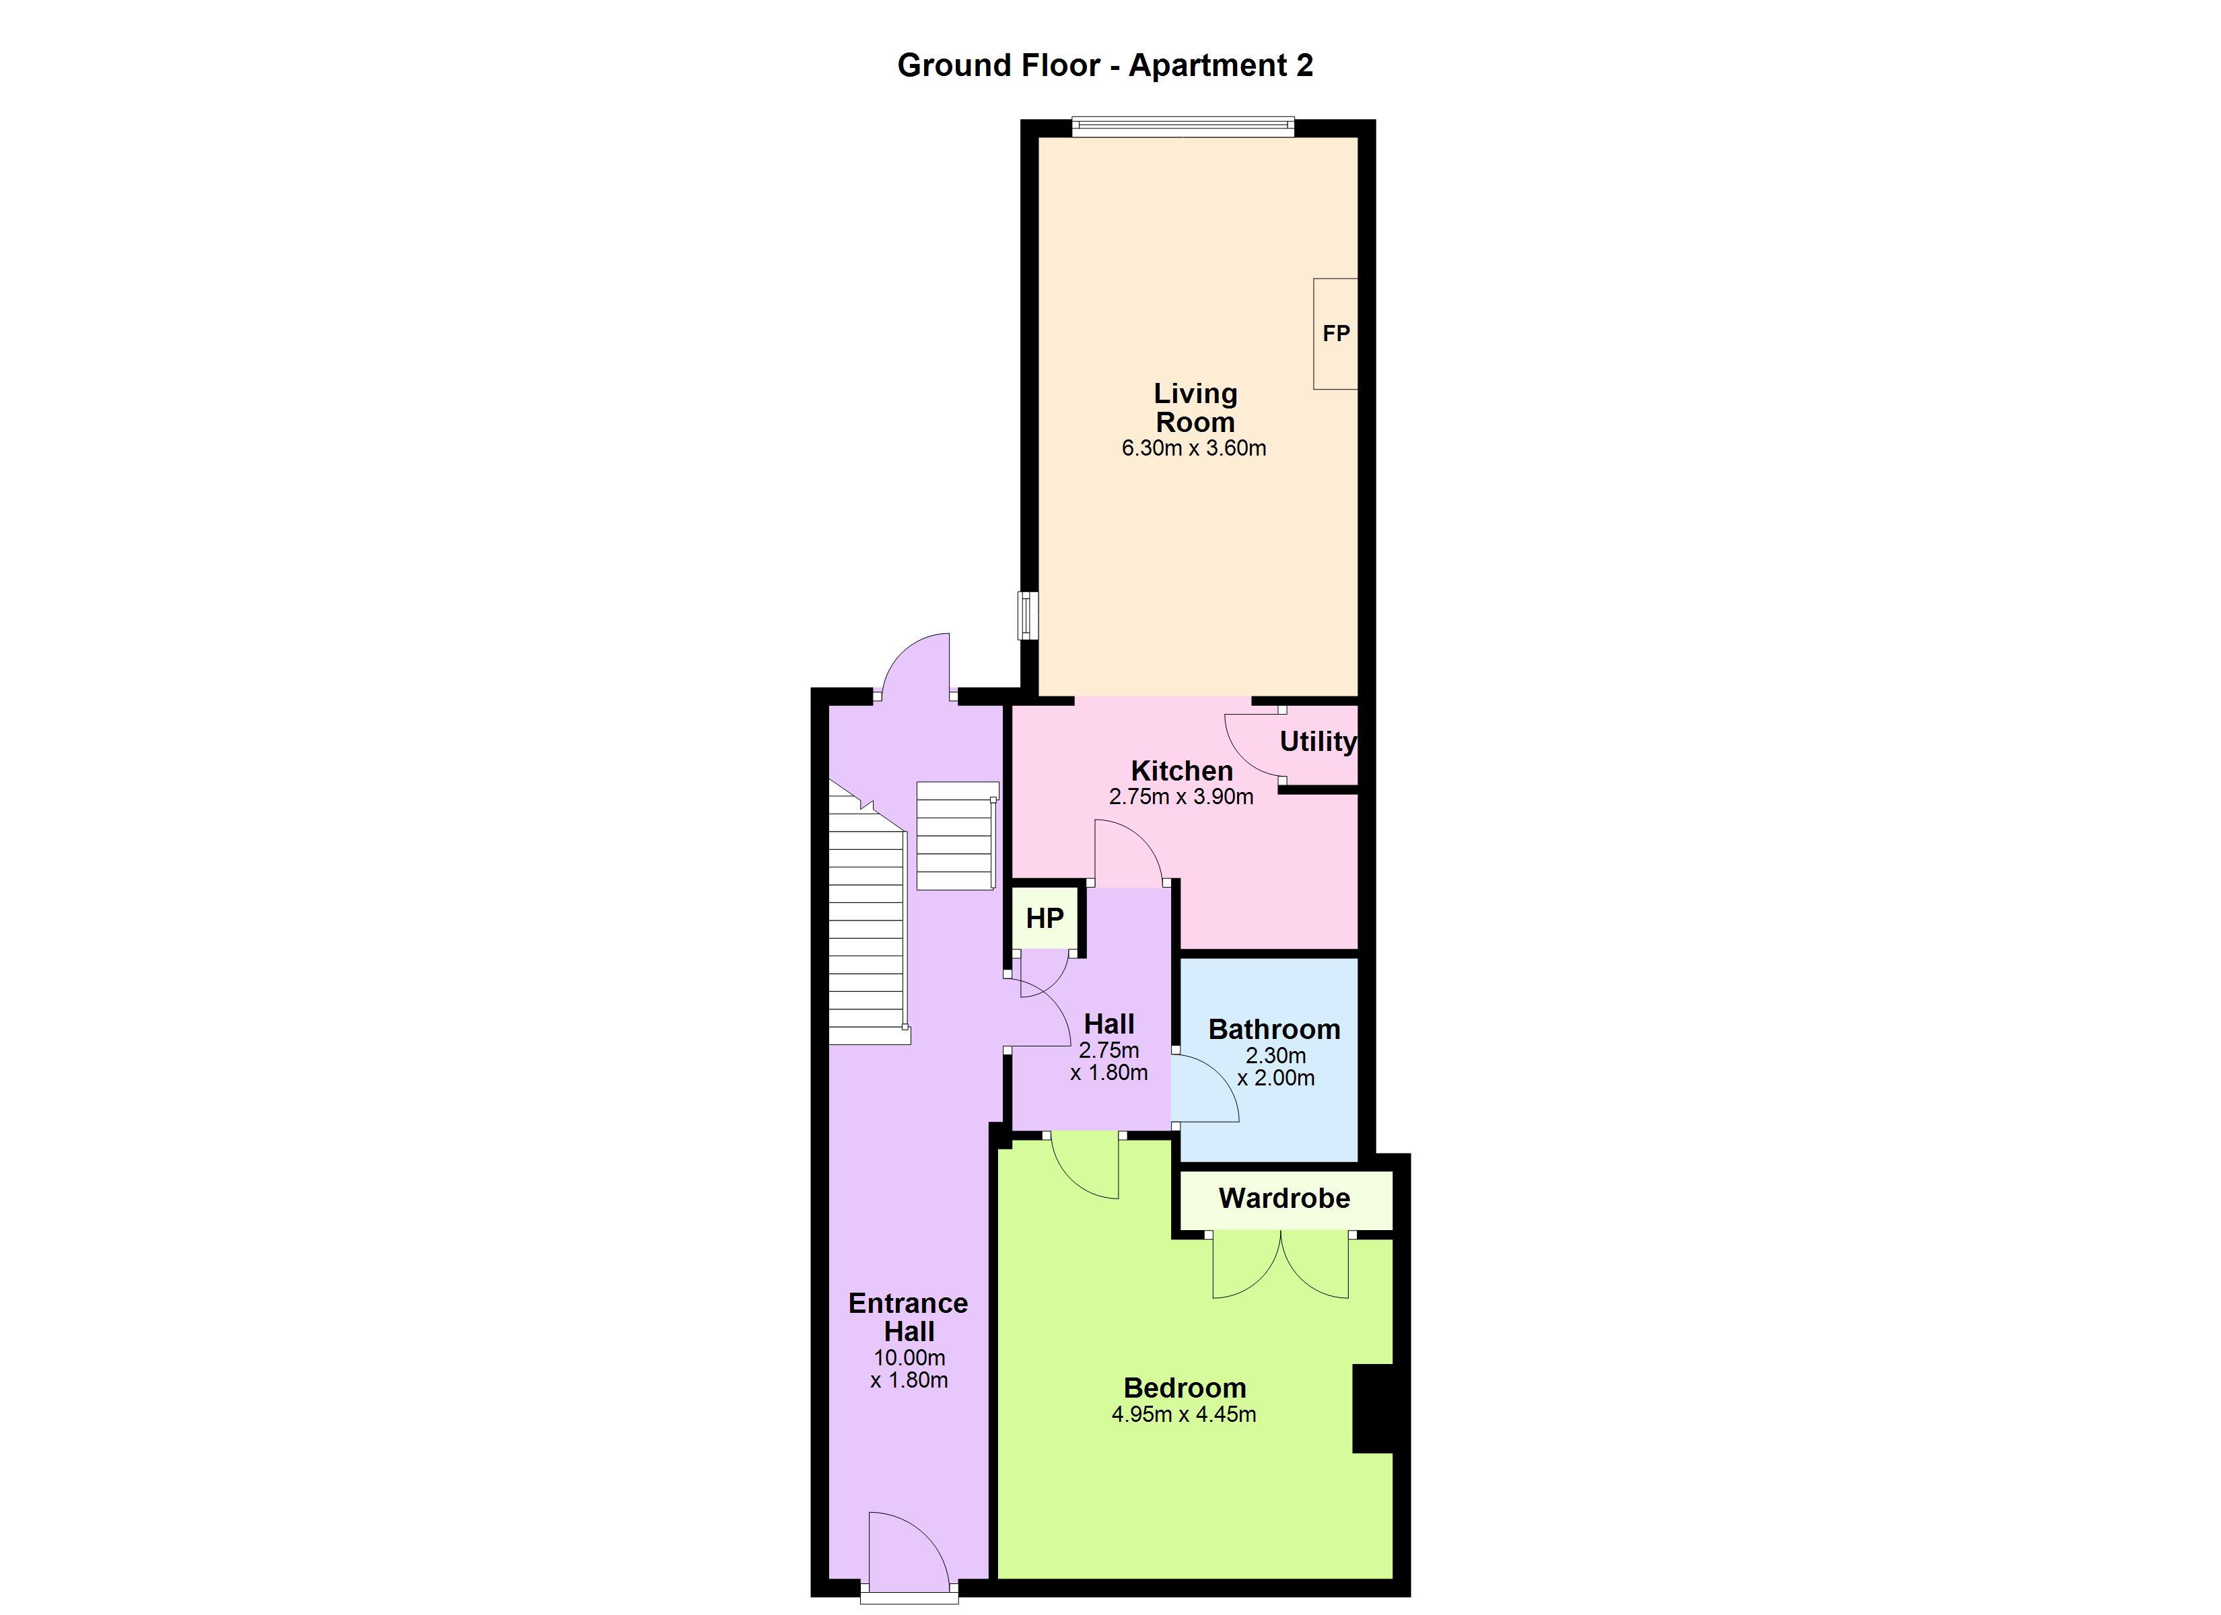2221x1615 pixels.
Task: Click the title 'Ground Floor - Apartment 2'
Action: [x=1104, y=66]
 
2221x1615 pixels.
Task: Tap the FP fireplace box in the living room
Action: [x=1336, y=334]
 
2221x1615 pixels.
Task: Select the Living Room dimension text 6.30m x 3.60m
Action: [x=1194, y=449]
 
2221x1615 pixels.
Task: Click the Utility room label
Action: [x=1318, y=742]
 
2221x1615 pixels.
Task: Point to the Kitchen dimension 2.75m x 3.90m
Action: [x=1181, y=797]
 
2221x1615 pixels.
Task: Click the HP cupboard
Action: [x=1045, y=918]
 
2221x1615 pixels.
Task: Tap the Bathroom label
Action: [x=1274, y=1030]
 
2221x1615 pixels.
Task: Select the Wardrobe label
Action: [x=1284, y=1198]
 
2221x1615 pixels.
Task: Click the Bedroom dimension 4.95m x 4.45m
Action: [x=1184, y=1414]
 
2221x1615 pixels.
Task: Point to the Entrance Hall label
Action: [x=909, y=1318]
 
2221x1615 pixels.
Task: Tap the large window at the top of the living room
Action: [x=1183, y=127]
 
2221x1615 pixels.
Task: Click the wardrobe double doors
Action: [x=1281, y=1267]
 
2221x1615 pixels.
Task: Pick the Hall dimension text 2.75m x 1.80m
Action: [x=1108, y=1062]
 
